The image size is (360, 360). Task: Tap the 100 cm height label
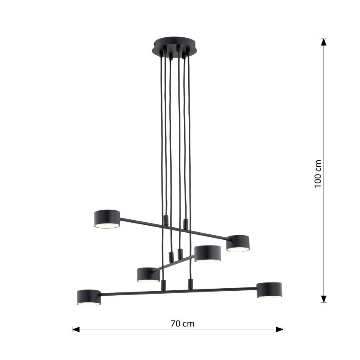318,173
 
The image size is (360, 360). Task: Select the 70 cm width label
182,324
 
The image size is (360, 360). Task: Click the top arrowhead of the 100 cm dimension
324,42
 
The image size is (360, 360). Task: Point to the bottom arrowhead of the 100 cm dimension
324,299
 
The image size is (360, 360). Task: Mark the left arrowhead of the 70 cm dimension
76,329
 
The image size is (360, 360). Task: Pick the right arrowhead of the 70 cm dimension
280,329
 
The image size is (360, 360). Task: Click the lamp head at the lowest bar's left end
89,297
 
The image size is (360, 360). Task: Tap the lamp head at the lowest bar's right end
269,289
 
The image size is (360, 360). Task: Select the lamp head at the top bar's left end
107,218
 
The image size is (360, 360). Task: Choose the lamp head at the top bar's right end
238,243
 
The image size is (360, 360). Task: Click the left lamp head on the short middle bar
148,274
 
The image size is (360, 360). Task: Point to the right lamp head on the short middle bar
207,253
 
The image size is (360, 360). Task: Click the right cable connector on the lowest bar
190,284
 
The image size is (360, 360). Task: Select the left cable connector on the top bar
165,221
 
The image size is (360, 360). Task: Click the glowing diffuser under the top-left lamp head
107,226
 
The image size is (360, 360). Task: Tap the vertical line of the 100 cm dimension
324,124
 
